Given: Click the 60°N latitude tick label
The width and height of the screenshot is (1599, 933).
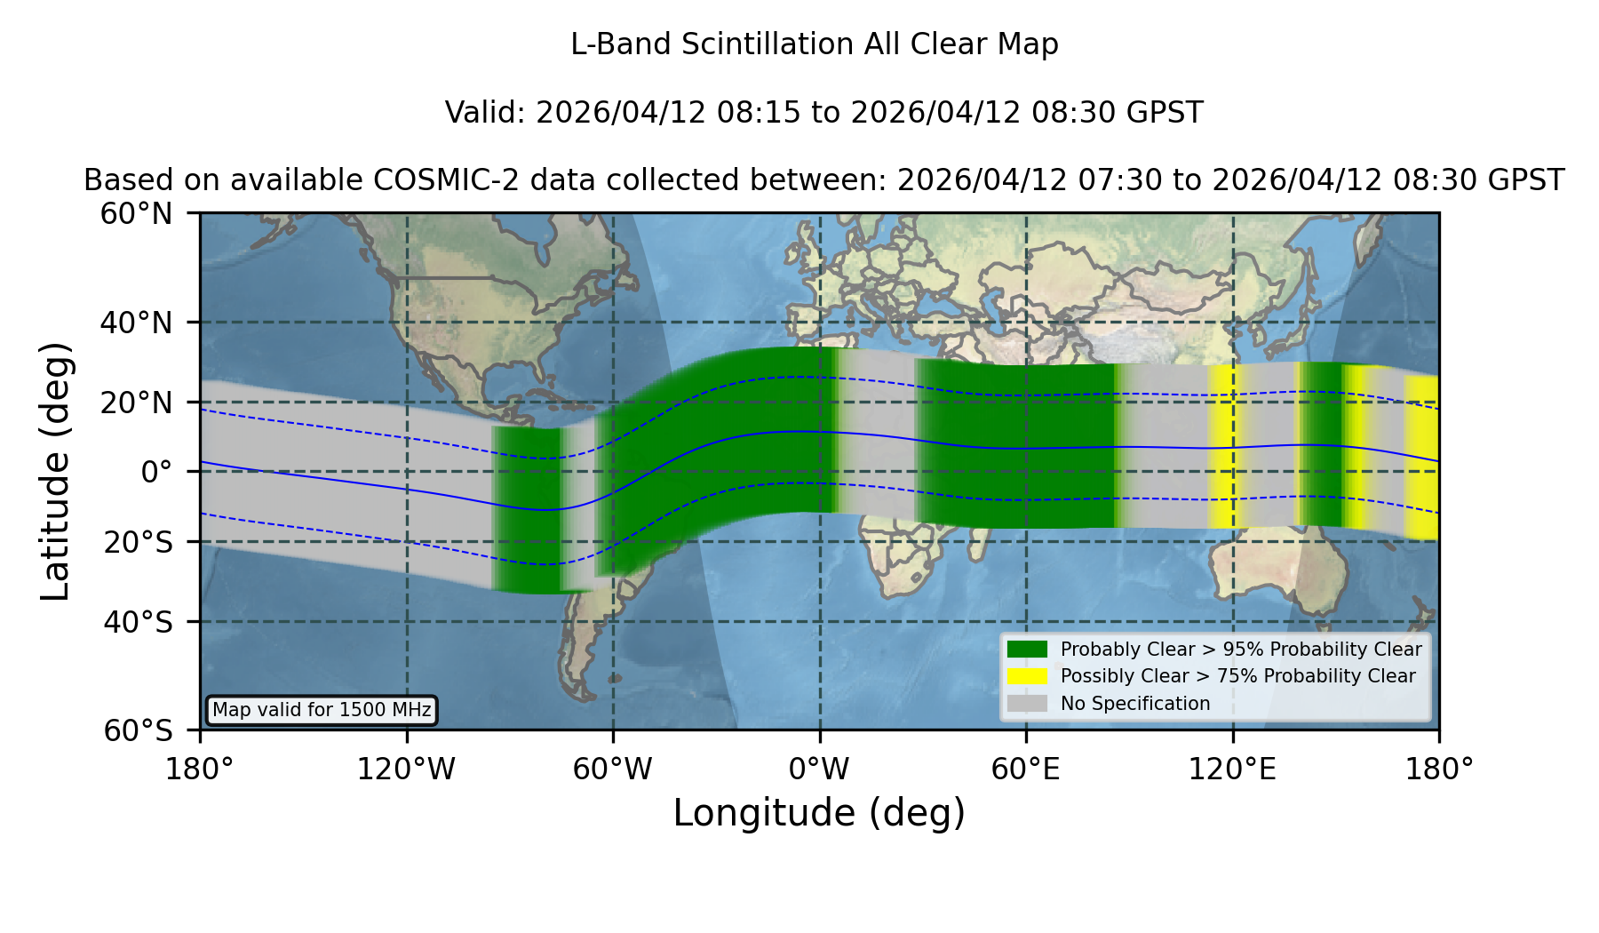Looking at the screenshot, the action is click(136, 214).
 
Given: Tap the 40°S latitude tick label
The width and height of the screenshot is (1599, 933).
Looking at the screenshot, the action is click(138, 622).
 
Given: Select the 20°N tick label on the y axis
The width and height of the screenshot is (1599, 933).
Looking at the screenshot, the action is click(136, 403).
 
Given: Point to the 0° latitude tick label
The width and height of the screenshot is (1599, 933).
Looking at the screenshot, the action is click(156, 472).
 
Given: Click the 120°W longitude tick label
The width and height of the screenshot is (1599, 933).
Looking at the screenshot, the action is click(406, 770).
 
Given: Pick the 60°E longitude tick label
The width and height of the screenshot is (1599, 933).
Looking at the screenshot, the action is click(1026, 770).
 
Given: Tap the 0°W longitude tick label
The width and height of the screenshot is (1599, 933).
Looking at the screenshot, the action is click(819, 770).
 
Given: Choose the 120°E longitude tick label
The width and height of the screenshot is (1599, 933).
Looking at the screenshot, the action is click(1232, 770).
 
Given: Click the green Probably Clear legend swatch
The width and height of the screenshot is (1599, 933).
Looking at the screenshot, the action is click(1028, 650).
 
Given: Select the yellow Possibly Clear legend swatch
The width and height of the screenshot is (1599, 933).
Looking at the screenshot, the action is click(1028, 676).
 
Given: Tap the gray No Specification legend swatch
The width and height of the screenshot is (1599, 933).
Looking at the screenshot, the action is click(1028, 704).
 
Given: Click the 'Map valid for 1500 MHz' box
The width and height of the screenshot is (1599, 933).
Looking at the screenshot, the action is click(322, 710).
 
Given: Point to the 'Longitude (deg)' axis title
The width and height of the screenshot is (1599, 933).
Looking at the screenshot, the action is click(819, 813).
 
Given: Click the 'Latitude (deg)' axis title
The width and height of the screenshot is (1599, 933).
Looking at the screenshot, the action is click(55, 471).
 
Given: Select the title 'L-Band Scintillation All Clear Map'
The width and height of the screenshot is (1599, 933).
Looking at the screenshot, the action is click(815, 44).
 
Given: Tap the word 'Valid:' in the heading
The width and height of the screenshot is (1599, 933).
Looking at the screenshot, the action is click(486, 113).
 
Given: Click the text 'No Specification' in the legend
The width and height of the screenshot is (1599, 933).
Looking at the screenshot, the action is click(1135, 704).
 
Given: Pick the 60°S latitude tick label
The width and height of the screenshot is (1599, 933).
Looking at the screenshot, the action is click(138, 730).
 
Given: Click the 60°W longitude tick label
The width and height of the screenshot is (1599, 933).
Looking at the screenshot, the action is click(613, 770).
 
